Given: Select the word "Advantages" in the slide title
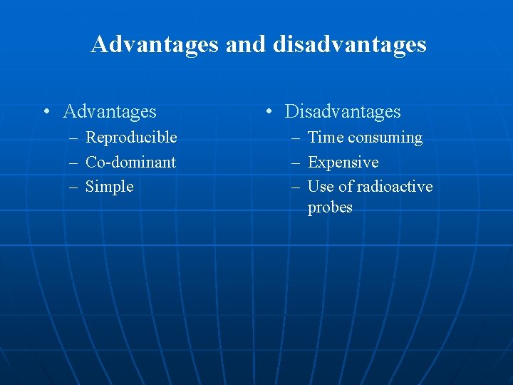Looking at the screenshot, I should click(x=155, y=45).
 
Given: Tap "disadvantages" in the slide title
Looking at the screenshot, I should click(x=349, y=45).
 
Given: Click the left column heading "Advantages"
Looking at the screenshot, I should click(x=110, y=112).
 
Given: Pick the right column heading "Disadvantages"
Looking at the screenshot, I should click(x=343, y=112).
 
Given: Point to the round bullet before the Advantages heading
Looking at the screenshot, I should click(x=46, y=112).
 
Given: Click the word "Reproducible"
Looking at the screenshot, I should click(x=131, y=138).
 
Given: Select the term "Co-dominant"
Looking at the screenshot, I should click(x=130, y=163).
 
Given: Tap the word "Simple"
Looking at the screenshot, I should click(x=109, y=187).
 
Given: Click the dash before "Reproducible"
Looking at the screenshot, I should click(x=73, y=138).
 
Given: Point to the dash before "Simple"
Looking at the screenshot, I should click(x=73, y=187).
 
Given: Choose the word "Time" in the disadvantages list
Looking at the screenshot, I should click(x=324, y=138).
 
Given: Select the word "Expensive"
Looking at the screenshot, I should click(x=343, y=163).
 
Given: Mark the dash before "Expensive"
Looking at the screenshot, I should click(x=296, y=163).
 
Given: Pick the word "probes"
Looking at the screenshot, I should click(x=330, y=208).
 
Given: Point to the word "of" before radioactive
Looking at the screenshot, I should click(x=345, y=187).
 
